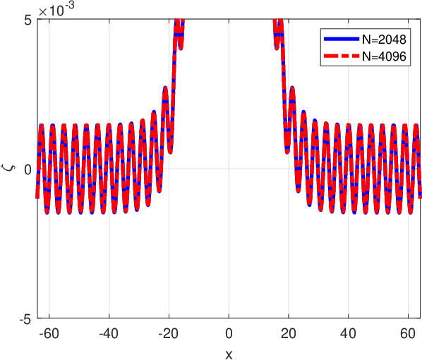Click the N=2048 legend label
(x=384, y=40)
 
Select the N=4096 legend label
(x=384, y=56)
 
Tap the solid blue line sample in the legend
(x=342, y=39)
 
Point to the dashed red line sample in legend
(x=342, y=56)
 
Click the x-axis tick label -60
(x=49, y=334)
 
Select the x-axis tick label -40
(x=109, y=334)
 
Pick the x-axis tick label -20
(x=169, y=334)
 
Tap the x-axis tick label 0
(x=229, y=334)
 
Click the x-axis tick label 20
(x=289, y=334)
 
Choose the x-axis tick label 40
(x=349, y=334)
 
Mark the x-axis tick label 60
(x=408, y=334)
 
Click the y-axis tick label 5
(x=28, y=20)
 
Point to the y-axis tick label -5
(x=26, y=320)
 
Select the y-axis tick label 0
(x=28, y=170)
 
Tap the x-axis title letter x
(x=229, y=355)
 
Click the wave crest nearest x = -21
(x=165, y=88)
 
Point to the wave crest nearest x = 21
(x=292, y=88)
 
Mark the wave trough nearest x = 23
(x=298, y=191)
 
